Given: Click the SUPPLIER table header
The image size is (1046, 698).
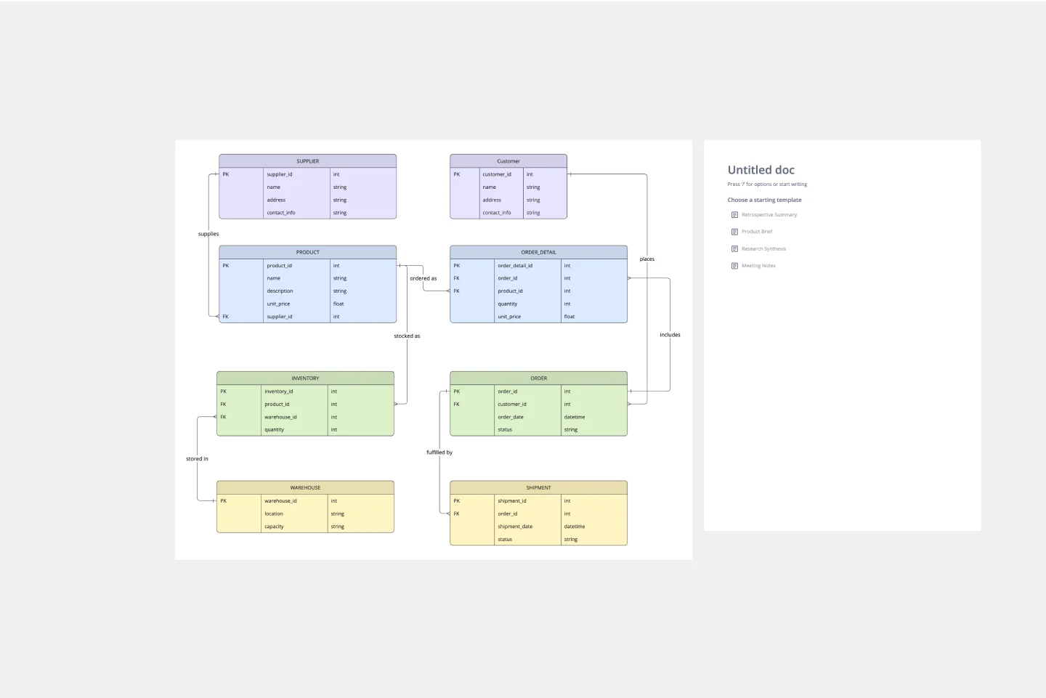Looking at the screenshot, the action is [x=307, y=161].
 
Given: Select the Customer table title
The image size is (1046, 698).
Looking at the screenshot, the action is [x=508, y=161].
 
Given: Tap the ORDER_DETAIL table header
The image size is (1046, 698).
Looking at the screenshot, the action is [x=538, y=252].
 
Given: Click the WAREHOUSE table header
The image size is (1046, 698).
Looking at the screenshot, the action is [x=305, y=487].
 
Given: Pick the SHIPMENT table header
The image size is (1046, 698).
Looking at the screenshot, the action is [x=538, y=487].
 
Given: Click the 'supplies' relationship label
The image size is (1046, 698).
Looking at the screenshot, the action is [x=208, y=234].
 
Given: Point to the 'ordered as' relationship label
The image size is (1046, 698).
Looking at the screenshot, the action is [x=423, y=278].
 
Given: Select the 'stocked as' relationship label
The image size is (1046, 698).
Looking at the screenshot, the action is [x=407, y=336].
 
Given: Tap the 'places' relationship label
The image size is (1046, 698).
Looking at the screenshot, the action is [x=646, y=259].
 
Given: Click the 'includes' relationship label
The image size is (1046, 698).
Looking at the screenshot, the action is [x=670, y=335].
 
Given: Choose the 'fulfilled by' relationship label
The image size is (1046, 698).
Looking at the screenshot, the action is [x=439, y=453].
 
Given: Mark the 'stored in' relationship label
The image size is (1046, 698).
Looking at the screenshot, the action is [x=197, y=459].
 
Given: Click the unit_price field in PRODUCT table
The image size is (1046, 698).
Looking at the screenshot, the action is [x=278, y=304].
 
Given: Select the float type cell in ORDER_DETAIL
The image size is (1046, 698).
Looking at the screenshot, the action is [x=569, y=317].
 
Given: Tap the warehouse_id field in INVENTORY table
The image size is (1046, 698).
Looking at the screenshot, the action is [x=280, y=417].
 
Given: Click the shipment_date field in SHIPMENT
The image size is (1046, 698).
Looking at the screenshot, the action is [x=515, y=527].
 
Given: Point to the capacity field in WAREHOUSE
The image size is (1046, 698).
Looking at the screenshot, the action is [x=274, y=527].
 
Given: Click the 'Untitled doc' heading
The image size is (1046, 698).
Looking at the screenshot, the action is [x=761, y=170].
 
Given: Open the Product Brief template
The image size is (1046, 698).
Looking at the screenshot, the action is [x=756, y=232].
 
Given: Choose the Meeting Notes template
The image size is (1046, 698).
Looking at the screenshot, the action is [x=758, y=266].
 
